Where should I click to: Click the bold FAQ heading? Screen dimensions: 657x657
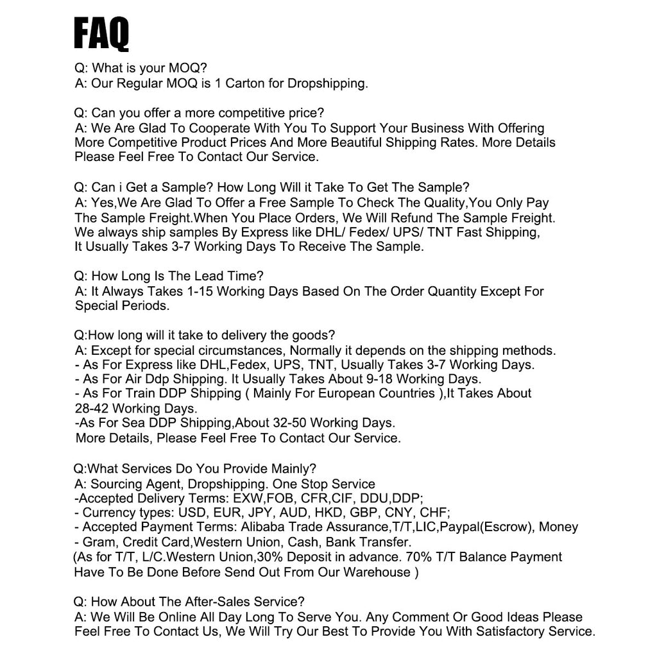101,34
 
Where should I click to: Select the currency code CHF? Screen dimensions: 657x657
434,513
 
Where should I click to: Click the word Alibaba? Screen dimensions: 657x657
265,527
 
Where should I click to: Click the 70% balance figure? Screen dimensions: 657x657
420,557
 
